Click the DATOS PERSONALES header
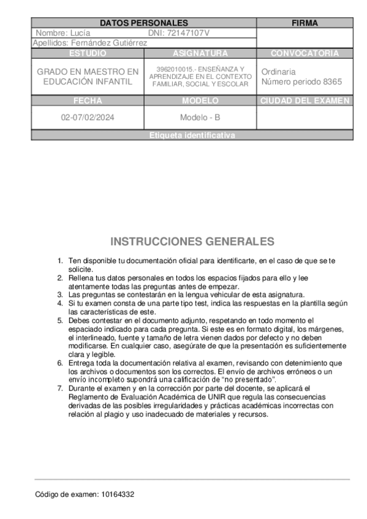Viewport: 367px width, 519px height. (143, 23)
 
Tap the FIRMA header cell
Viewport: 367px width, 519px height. (305, 23)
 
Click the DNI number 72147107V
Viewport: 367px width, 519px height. (188, 32)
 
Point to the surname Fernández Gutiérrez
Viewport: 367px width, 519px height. (108, 43)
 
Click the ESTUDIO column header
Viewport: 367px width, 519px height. (88, 53)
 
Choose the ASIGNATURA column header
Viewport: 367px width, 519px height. (200, 53)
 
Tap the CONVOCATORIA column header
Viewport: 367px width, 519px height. (305, 53)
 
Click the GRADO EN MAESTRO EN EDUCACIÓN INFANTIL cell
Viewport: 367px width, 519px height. (88, 77)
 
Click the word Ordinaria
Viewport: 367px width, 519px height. (278, 72)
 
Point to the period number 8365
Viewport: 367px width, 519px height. (333, 81)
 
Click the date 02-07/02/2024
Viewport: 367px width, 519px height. (87, 118)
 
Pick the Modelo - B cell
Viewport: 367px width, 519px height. (200, 118)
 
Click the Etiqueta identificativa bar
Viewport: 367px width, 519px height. (192, 135)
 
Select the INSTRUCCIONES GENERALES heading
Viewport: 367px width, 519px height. (192, 241)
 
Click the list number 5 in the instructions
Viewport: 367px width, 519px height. (59, 320)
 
